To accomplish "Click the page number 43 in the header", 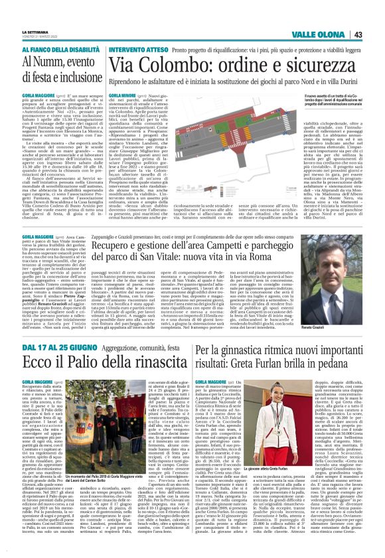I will tap(376, 34).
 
